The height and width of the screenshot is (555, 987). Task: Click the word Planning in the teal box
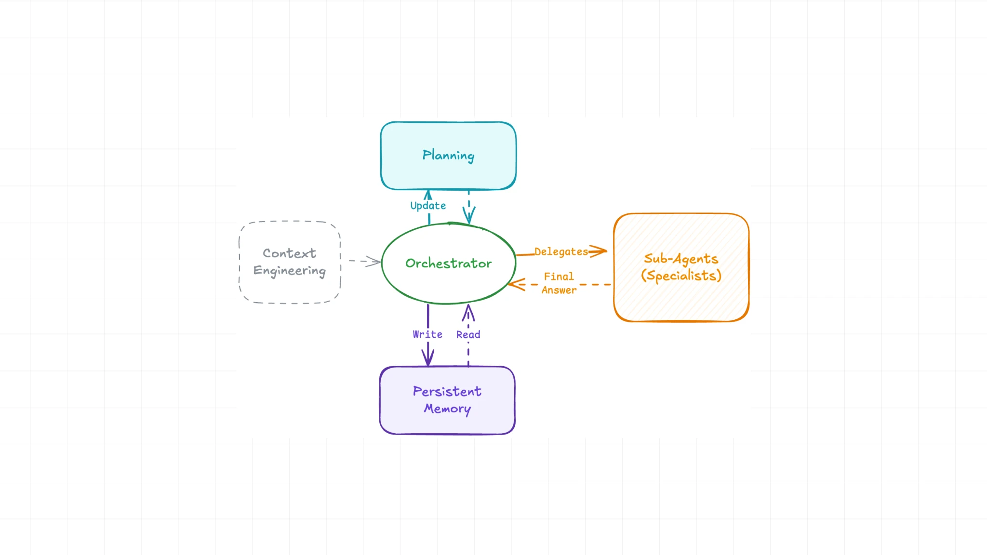448,155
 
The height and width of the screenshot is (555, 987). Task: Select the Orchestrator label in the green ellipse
448,263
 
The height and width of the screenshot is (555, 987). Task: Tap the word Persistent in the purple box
447,391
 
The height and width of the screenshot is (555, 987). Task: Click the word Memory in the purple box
447,409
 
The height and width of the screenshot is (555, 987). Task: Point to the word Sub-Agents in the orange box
680,259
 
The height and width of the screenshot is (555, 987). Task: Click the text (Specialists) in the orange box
680,276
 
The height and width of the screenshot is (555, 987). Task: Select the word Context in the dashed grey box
289,253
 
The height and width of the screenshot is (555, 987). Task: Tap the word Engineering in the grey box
289,271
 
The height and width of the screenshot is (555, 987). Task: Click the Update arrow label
428,206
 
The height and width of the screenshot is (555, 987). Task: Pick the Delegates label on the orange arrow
561,251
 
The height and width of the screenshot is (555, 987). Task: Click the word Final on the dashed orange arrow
559,277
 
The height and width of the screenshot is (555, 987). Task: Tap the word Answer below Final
559,290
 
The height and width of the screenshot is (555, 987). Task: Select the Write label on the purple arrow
427,334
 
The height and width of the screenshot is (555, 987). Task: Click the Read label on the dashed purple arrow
468,334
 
